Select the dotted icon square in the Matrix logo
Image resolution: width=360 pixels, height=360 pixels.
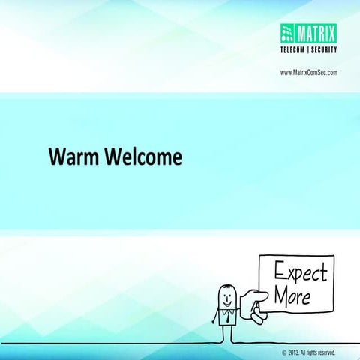point(289,32)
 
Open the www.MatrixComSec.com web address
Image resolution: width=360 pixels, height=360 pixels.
point(308,72)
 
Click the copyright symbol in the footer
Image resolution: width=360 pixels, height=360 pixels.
point(283,351)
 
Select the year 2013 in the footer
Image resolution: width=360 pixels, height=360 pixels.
point(293,351)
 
